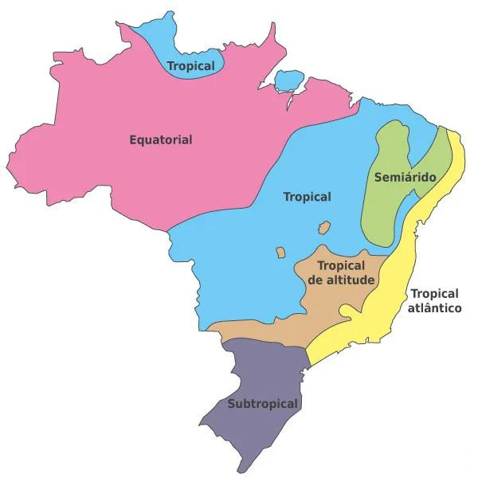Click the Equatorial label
coord(161,140)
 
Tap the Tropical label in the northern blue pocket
coord(191,65)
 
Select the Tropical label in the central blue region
coord(307,197)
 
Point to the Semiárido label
coord(405,177)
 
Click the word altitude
coord(355,280)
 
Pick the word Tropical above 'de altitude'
coord(341,265)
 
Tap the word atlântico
coord(435,308)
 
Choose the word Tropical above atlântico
coord(435,293)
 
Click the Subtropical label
coord(263,404)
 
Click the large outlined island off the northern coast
coord(287,80)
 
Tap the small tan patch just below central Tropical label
coord(324,229)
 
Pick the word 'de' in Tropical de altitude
coord(315,280)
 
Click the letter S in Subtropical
coord(232,404)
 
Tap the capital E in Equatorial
coord(133,140)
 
